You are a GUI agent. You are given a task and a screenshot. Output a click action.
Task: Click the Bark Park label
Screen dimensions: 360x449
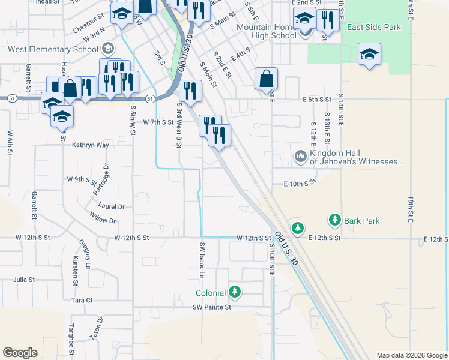[x=362, y=221]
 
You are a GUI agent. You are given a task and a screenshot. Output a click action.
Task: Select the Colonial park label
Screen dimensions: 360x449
[x=210, y=293]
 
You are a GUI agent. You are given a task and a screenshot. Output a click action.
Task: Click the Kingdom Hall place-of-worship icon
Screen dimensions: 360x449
[x=301, y=157]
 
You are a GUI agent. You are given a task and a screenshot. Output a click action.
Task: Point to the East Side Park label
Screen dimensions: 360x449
[x=373, y=27]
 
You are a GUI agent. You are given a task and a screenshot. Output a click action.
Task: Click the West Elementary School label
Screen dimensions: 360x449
[x=52, y=49]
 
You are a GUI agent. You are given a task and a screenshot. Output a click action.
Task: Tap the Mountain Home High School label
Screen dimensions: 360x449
[x=267, y=31]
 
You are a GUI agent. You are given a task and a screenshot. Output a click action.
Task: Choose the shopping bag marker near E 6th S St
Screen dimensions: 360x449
[x=266, y=79]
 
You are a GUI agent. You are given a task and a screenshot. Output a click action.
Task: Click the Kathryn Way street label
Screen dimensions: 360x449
[x=91, y=145]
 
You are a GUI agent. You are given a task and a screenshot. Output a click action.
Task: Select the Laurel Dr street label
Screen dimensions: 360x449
[x=112, y=206]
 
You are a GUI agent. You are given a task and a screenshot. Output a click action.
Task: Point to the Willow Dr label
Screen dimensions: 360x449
[x=103, y=221]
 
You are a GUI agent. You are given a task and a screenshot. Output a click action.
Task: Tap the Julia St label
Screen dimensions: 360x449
[x=24, y=280]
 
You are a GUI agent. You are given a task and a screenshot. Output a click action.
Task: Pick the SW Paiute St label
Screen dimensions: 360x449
[x=211, y=307]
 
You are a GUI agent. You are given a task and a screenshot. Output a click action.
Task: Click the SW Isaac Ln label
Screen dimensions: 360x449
[x=203, y=260]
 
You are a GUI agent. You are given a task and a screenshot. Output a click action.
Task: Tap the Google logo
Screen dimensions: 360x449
[x=20, y=353]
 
